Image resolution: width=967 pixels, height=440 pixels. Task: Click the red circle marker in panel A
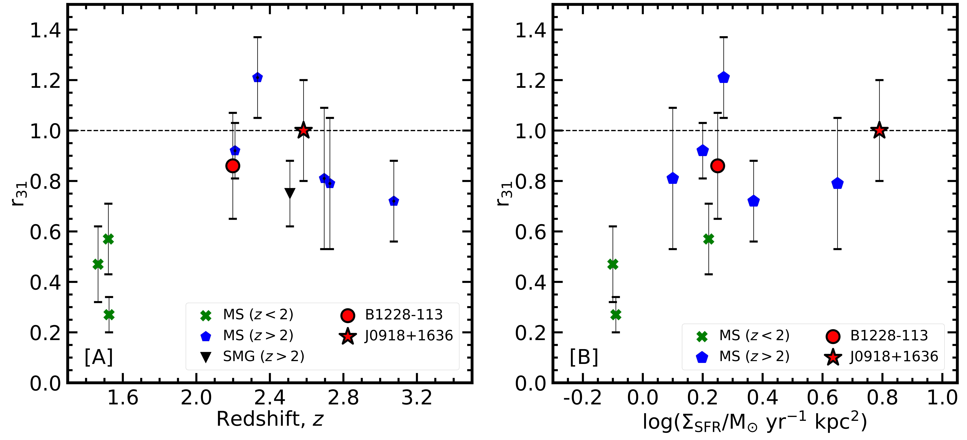[233, 166]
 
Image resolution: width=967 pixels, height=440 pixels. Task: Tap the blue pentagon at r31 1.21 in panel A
[257, 77]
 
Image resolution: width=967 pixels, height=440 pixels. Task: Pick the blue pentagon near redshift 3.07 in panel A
[393, 201]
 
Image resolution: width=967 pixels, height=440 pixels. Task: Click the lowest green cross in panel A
[109, 314]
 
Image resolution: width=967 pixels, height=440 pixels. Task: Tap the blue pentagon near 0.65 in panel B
[837, 183]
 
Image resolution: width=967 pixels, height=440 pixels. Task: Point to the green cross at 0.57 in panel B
[708, 239]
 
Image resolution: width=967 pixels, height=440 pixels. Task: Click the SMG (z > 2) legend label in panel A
[264, 356]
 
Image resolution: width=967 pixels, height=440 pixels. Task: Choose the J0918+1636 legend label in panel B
[894, 356]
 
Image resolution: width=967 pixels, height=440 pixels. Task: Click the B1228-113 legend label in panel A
[404, 314]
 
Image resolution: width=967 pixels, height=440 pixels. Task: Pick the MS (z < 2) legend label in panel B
[754, 335]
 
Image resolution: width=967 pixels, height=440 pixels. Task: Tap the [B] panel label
[584, 357]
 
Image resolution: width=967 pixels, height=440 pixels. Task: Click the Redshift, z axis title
[269, 419]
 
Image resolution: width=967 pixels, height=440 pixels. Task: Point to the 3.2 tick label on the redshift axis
[417, 398]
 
